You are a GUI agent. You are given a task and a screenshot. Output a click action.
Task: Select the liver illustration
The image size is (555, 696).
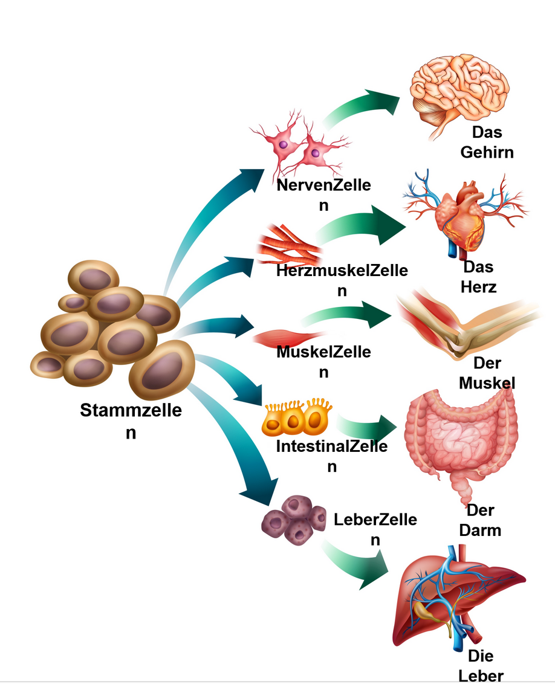(453, 598)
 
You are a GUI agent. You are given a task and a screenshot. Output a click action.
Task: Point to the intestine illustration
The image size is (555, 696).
(459, 435)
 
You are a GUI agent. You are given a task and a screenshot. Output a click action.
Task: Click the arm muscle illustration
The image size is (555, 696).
(466, 326)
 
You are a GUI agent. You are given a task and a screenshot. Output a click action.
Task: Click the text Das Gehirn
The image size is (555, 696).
(487, 142)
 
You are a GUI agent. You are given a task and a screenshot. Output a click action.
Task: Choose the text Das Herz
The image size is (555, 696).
(478, 277)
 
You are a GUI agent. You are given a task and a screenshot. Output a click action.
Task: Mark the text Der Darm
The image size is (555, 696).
(480, 520)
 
